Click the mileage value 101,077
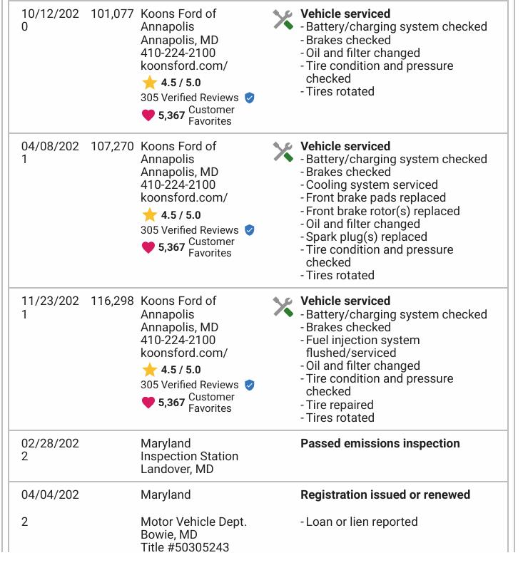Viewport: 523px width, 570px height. click(112, 14)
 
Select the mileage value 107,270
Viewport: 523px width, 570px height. click(112, 146)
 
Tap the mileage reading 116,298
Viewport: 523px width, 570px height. click(112, 301)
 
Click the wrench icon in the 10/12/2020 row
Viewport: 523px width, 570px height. click(283, 19)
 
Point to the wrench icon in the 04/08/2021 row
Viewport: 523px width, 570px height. click(283, 152)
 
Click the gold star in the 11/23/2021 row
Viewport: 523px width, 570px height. click(149, 369)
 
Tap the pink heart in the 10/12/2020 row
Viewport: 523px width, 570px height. click(148, 115)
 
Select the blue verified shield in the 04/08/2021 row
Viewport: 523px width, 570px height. click(249, 230)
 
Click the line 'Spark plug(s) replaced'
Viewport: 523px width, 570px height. click(366, 237)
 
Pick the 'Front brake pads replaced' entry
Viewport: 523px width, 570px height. click(375, 197)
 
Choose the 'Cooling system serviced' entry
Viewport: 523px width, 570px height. click(372, 185)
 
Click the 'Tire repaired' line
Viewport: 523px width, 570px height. click(340, 405)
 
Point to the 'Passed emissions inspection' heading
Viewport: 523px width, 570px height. click(380, 443)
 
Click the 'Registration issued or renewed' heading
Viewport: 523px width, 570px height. click(385, 494)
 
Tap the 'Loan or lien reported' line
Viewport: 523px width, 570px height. click(362, 522)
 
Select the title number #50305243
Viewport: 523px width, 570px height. click(185, 547)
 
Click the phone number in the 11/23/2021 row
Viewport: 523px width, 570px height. click(178, 340)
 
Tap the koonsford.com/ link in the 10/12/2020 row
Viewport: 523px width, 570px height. click(184, 66)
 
